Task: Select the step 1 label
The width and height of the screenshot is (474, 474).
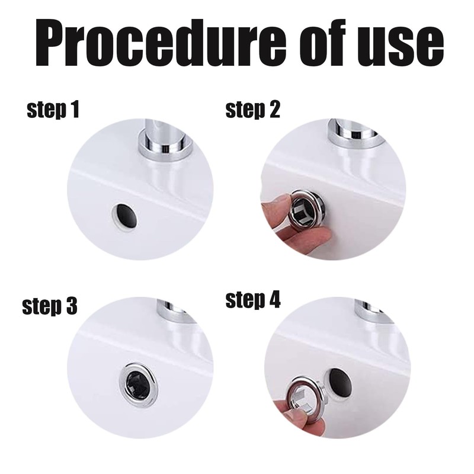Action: [x=53, y=110]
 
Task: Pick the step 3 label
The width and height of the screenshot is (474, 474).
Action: [x=50, y=306]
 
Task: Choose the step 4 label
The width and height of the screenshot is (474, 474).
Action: [x=253, y=300]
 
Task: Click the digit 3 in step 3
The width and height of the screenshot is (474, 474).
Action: [x=69, y=306]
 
